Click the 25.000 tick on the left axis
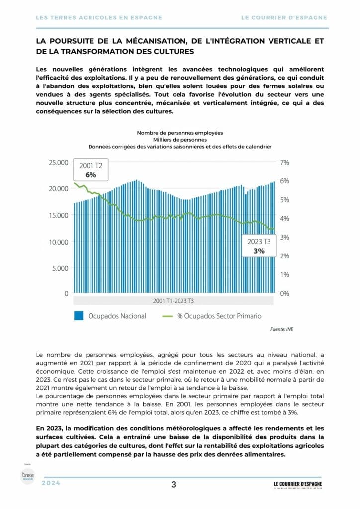click(x=57, y=163)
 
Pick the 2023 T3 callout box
click(x=259, y=246)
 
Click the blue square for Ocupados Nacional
click(x=78, y=315)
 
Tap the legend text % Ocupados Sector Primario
click(x=219, y=315)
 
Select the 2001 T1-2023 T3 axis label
click(x=173, y=301)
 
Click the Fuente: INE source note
click(x=282, y=329)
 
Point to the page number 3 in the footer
click(x=173, y=485)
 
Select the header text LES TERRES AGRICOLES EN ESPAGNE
click(x=99, y=17)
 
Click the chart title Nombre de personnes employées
click(x=180, y=133)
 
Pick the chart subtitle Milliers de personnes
click(x=180, y=140)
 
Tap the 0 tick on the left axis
click(x=65, y=294)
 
